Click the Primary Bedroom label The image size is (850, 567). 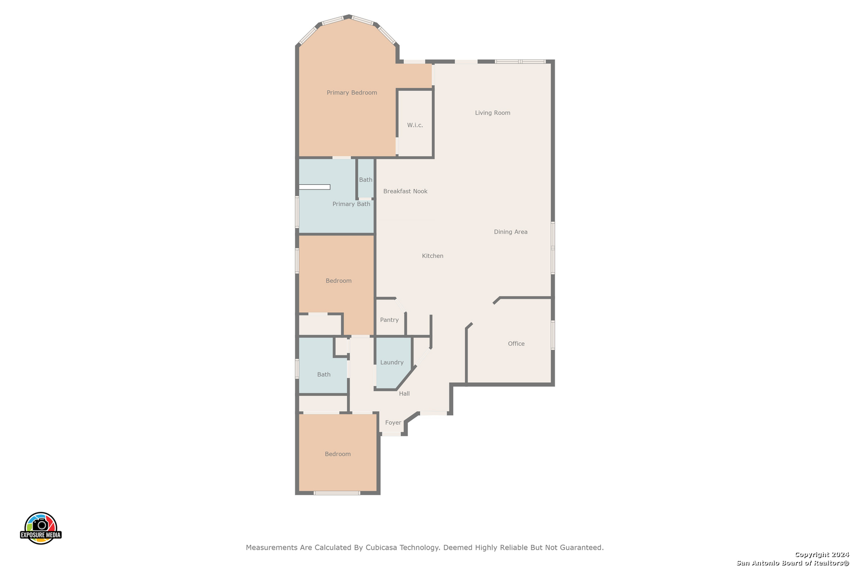[352, 93]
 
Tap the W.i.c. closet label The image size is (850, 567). [415, 125]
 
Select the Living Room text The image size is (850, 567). [493, 113]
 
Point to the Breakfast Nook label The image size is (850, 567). [405, 191]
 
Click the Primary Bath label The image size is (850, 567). [352, 204]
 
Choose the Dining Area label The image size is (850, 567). [511, 232]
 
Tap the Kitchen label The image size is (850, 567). [432, 256]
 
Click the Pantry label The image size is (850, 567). [389, 320]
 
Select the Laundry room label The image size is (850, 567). [392, 362]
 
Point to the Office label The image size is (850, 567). [516, 344]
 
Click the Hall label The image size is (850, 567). [404, 393]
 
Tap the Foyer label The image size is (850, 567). [393, 422]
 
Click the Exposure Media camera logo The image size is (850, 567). [40, 528]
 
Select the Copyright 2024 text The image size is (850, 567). [822, 554]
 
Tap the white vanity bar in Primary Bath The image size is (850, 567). [315, 187]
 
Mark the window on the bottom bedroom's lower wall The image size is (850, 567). [337, 493]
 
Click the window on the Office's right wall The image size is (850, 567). [553, 335]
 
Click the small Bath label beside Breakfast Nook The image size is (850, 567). [366, 180]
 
